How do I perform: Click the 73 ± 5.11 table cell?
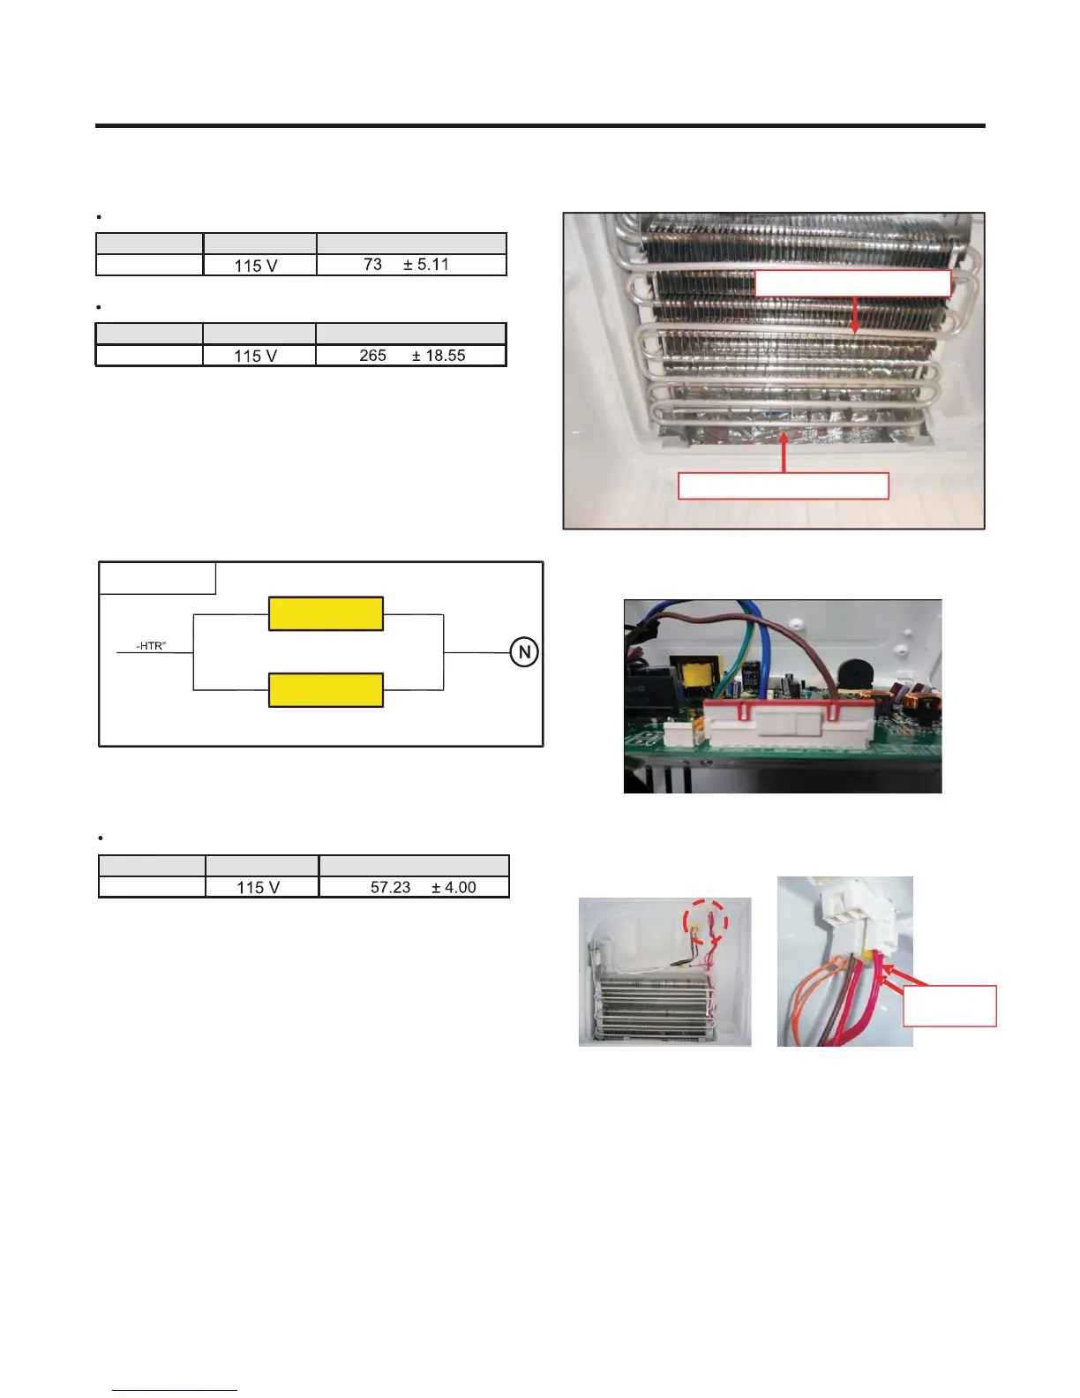[x=411, y=265]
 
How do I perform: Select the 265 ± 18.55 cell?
[x=411, y=356]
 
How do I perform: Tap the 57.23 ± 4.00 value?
[x=414, y=887]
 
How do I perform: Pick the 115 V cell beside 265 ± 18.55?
[x=259, y=356]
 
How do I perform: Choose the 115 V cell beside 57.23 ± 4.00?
[x=262, y=887]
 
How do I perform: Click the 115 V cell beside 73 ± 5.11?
[x=259, y=265]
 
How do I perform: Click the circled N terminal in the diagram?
[x=524, y=652]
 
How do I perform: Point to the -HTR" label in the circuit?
[x=152, y=647]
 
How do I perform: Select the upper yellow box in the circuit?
[x=326, y=613]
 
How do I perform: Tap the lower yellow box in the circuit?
[x=326, y=689]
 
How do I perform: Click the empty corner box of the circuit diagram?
[x=157, y=578]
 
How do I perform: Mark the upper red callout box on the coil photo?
[x=852, y=283]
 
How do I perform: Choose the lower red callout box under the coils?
[x=783, y=486]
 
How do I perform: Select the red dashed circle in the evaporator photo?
[x=705, y=922]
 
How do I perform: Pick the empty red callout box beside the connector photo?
[x=949, y=1005]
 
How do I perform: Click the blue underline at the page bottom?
[x=175, y=1390]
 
